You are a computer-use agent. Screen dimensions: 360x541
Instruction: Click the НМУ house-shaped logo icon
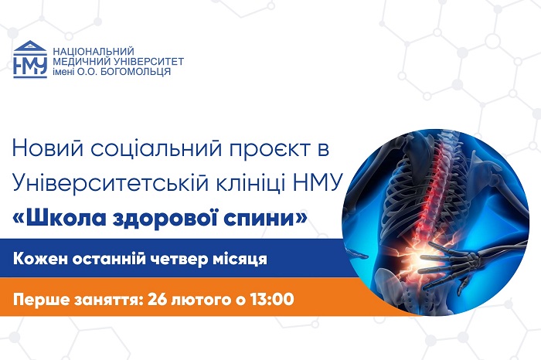point(30,59)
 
